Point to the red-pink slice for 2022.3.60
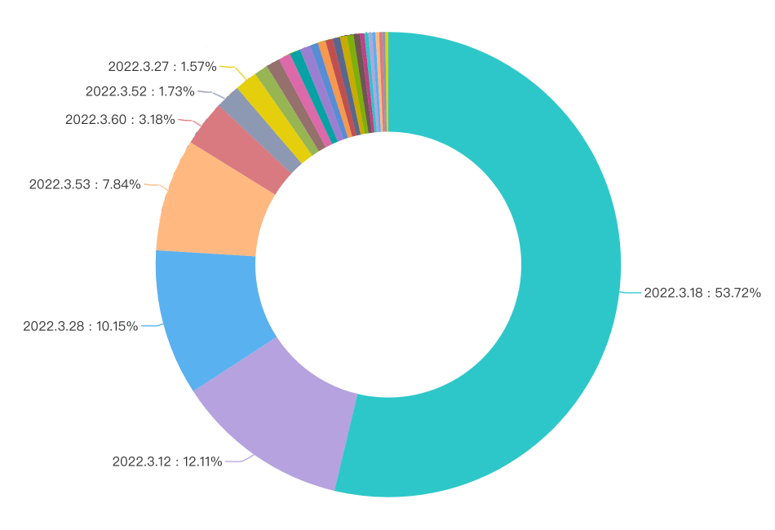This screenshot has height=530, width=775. tap(240, 151)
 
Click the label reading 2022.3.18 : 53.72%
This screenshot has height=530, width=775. tap(702, 293)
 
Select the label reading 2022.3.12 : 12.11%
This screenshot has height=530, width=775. tap(167, 462)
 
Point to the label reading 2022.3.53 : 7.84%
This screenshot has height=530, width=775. tap(85, 185)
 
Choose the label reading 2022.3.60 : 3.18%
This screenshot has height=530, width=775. tap(120, 120)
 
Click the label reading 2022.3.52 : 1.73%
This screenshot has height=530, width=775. tap(139, 91)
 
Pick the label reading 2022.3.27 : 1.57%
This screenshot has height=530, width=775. tap(162, 67)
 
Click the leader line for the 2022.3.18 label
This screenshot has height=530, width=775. tap(631, 292)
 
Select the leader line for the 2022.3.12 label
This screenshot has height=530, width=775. tap(237, 462)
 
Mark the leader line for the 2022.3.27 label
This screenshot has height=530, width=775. tap(229, 68)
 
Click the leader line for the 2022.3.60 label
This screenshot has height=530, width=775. tap(187, 121)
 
